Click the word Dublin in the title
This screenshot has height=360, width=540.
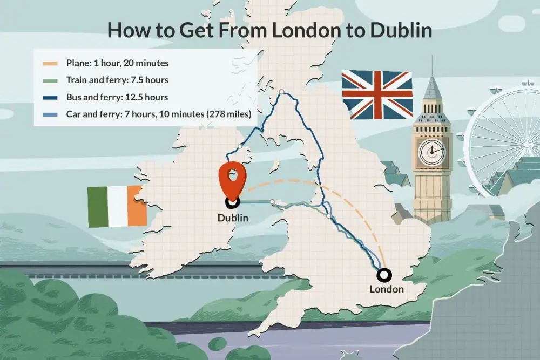[401, 30]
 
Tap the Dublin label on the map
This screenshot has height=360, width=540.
[233, 218]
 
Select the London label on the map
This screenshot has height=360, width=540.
[386, 289]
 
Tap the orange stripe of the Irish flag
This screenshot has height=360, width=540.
[137, 206]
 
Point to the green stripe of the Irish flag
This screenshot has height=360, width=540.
[98, 207]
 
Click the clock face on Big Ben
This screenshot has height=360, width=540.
[432, 151]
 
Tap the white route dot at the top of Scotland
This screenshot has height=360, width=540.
[281, 92]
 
